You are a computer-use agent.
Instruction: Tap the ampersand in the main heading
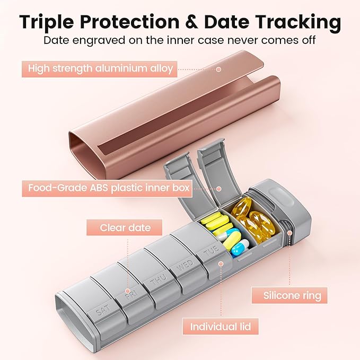191,22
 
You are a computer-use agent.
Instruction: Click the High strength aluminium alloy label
100,69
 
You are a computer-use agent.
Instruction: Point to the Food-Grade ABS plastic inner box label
107,188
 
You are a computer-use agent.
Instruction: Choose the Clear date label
124,227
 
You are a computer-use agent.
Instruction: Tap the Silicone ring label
289,295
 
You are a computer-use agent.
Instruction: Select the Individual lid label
221,326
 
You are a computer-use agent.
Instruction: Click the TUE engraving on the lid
211,251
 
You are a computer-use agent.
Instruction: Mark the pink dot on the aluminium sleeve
219,69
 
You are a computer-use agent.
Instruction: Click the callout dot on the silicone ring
289,233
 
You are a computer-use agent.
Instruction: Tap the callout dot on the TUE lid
221,264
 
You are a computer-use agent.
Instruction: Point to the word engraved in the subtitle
99,41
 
